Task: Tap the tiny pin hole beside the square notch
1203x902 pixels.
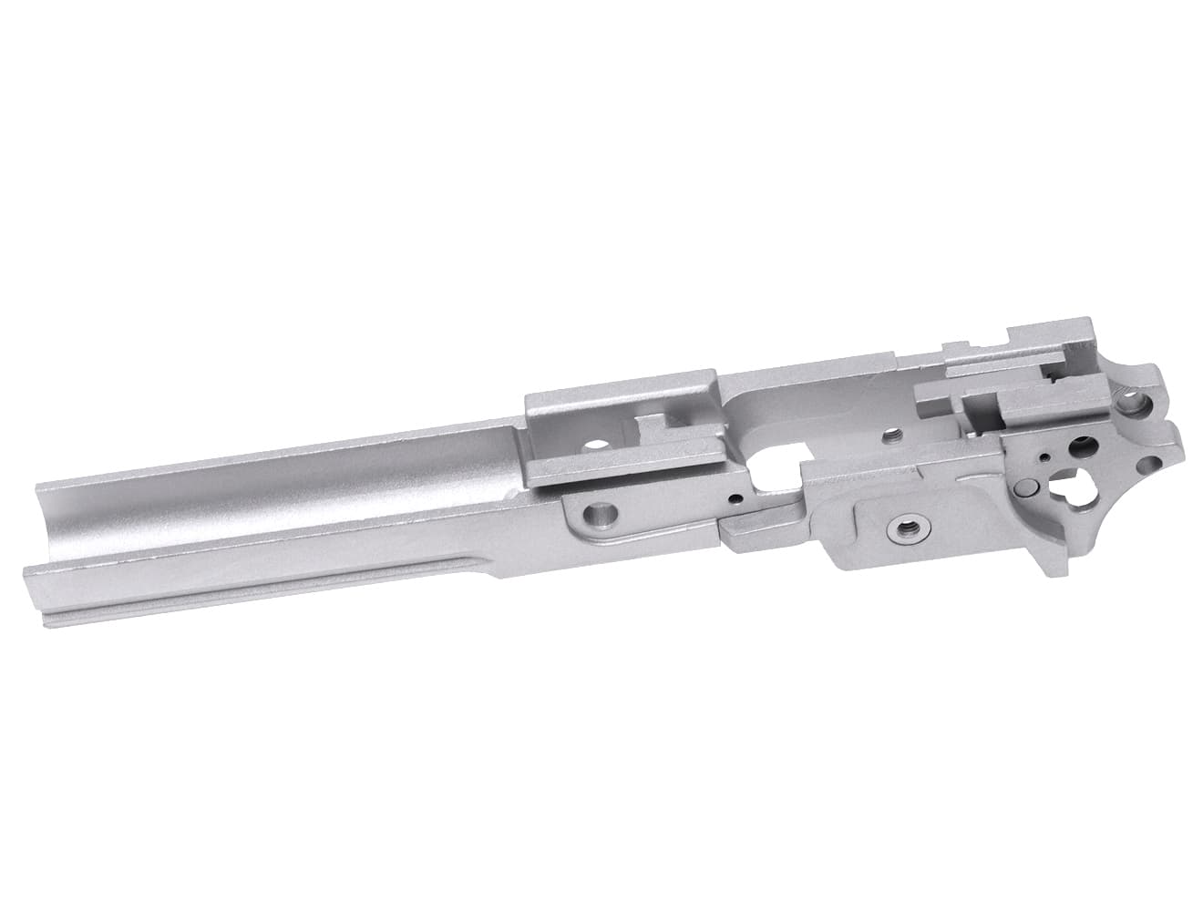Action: click(x=734, y=499)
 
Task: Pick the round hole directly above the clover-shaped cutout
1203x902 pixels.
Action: click(x=1085, y=446)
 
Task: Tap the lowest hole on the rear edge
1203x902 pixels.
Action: click(x=1150, y=461)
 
